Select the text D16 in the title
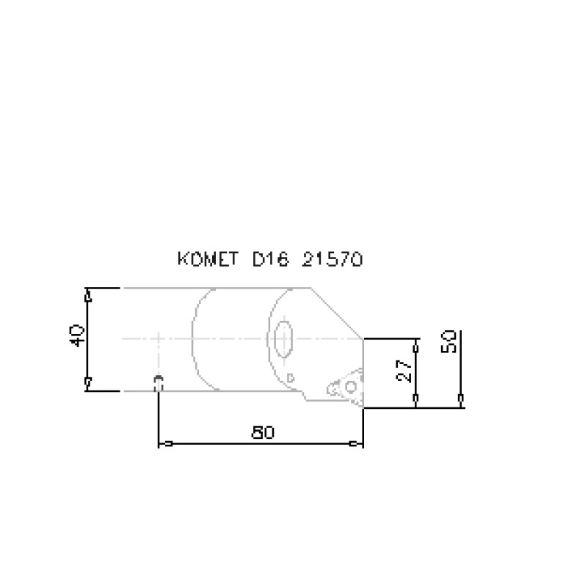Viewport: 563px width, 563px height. [269, 260]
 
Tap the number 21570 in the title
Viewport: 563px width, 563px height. [333, 260]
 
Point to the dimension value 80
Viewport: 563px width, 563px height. [262, 432]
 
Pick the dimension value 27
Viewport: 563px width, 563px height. [402, 370]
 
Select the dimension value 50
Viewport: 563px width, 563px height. [449, 341]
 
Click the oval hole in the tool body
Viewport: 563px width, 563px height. [283, 340]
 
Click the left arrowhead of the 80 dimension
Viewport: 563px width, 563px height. [167, 443]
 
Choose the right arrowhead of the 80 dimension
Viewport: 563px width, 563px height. [355, 443]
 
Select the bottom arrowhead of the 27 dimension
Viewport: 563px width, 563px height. [415, 399]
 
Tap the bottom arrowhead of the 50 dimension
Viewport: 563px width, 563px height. [460, 399]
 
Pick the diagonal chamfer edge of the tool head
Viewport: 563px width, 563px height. [336, 313]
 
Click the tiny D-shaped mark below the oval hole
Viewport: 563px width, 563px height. [291, 377]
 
